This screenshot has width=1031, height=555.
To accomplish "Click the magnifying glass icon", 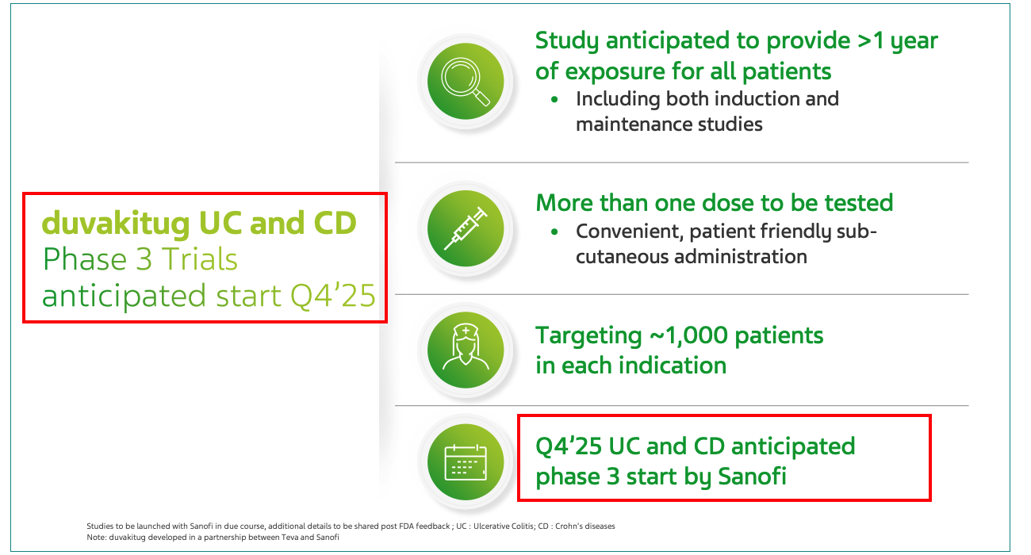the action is tap(466, 82).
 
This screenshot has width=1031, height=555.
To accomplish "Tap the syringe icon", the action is tap(466, 228).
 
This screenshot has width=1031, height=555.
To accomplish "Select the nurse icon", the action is tap(466, 346).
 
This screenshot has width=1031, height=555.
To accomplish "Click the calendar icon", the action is tap(466, 462).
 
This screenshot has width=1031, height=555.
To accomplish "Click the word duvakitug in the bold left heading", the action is tap(116, 224).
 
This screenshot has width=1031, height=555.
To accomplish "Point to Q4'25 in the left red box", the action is tap(333, 296).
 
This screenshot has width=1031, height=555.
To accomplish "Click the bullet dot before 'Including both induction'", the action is tap(554, 99).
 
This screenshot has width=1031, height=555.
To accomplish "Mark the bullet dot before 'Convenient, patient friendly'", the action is tap(554, 232).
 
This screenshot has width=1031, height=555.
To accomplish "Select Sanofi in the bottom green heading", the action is tap(752, 477).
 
